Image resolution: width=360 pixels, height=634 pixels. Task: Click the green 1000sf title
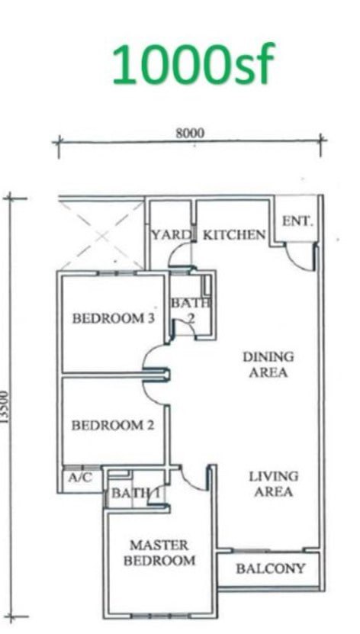[193, 64]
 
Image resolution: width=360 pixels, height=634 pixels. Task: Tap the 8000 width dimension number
[190, 133]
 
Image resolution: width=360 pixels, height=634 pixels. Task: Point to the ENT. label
[297, 221]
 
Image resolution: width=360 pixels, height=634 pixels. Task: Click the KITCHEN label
[234, 234]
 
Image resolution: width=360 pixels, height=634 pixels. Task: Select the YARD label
[171, 234]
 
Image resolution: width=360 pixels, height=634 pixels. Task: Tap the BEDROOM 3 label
[113, 319]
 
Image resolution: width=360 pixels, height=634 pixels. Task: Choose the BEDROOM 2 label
[113, 426]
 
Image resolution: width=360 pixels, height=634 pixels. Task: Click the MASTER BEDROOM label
[159, 552]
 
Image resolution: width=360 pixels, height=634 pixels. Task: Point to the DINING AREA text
[268, 365]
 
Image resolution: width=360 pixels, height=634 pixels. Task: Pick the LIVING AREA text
[274, 484]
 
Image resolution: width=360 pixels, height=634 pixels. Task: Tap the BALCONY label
[270, 569]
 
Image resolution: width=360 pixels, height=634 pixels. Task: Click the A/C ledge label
[80, 478]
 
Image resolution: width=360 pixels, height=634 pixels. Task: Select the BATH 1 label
[135, 494]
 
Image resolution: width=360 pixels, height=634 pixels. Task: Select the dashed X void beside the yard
[101, 235]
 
